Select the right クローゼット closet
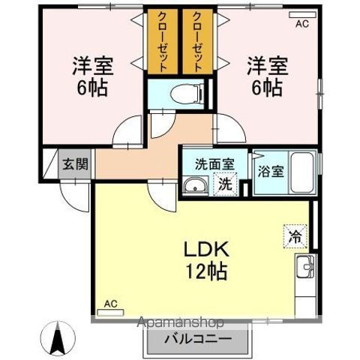(197, 42)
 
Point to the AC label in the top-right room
(301, 24)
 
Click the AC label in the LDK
(110, 303)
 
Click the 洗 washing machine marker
(225, 184)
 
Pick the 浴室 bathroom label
(271, 170)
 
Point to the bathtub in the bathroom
(304, 174)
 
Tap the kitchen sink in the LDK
(307, 266)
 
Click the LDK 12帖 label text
(197, 259)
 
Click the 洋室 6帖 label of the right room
(267, 76)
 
